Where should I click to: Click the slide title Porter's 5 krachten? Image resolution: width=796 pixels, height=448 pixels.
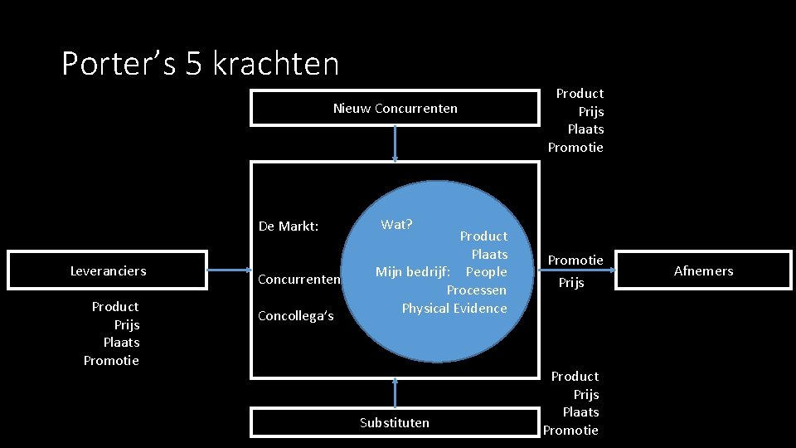pyautogui.click(x=201, y=64)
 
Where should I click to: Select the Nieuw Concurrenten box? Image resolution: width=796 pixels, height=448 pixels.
pyautogui.click(x=395, y=109)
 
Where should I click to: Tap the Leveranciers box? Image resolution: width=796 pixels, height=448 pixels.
pyautogui.click(x=108, y=270)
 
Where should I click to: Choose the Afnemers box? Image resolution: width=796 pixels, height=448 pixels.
pyautogui.click(x=703, y=270)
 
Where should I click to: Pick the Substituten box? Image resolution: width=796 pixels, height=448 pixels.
pyautogui.click(x=395, y=422)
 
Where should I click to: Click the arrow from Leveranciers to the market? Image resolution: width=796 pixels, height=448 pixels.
pyautogui.click(x=229, y=270)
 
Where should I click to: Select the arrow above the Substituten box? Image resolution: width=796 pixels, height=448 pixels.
pyautogui.click(x=395, y=392)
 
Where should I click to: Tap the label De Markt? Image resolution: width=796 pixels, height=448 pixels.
pyautogui.click(x=289, y=226)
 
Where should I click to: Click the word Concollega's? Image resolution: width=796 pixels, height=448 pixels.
pyautogui.click(x=296, y=315)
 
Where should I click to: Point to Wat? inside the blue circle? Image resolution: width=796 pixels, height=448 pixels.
pyautogui.click(x=397, y=224)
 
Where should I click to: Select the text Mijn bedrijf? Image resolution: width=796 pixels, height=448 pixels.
pyautogui.click(x=413, y=272)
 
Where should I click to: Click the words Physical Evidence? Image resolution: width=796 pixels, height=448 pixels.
pyautogui.click(x=454, y=309)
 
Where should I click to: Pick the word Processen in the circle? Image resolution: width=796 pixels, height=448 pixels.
pyautogui.click(x=477, y=290)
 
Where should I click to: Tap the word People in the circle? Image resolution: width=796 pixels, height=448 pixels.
pyautogui.click(x=487, y=272)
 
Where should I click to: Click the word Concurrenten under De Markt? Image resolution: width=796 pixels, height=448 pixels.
pyautogui.click(x=299, y=279)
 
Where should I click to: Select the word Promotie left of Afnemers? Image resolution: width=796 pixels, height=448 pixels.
pyautogui.click(x=575, y=261)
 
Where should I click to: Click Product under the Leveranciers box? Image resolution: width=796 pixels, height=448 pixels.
pyautogui.click(x=115, y=307)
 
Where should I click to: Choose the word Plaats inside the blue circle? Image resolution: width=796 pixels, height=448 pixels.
pyautogui.click(x=489, y=254)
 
